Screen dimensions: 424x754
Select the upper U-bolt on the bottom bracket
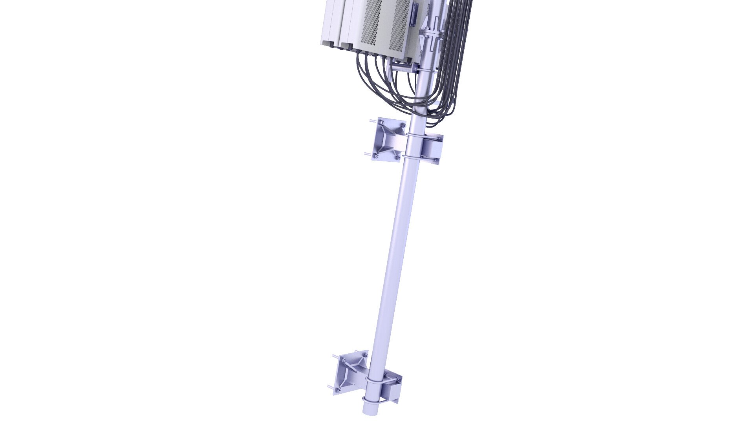coord(376,380)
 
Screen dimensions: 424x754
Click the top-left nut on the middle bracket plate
coord(381,124)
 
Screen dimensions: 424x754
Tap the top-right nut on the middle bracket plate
coord(402,126)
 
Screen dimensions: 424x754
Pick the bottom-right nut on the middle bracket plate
coord(397,158)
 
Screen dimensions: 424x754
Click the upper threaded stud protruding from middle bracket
coord(372,121)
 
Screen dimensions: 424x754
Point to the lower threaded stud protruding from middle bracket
coord(367,154)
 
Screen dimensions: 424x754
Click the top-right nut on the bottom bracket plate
coord(365,355)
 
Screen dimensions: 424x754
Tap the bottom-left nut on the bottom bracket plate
coord(337,390)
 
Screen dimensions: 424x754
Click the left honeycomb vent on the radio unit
coord(371,24)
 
